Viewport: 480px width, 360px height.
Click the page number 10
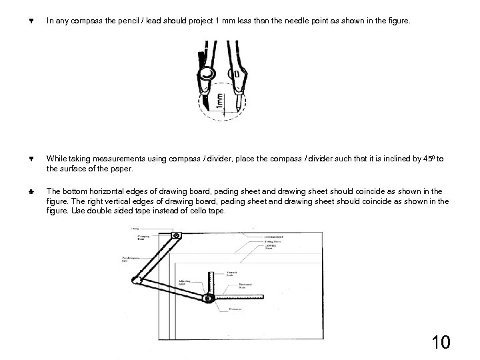click(x=441, y=342)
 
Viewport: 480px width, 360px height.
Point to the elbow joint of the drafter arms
click(x=134, y=282)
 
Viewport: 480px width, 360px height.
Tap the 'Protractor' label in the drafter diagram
click(x=234, y=309)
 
